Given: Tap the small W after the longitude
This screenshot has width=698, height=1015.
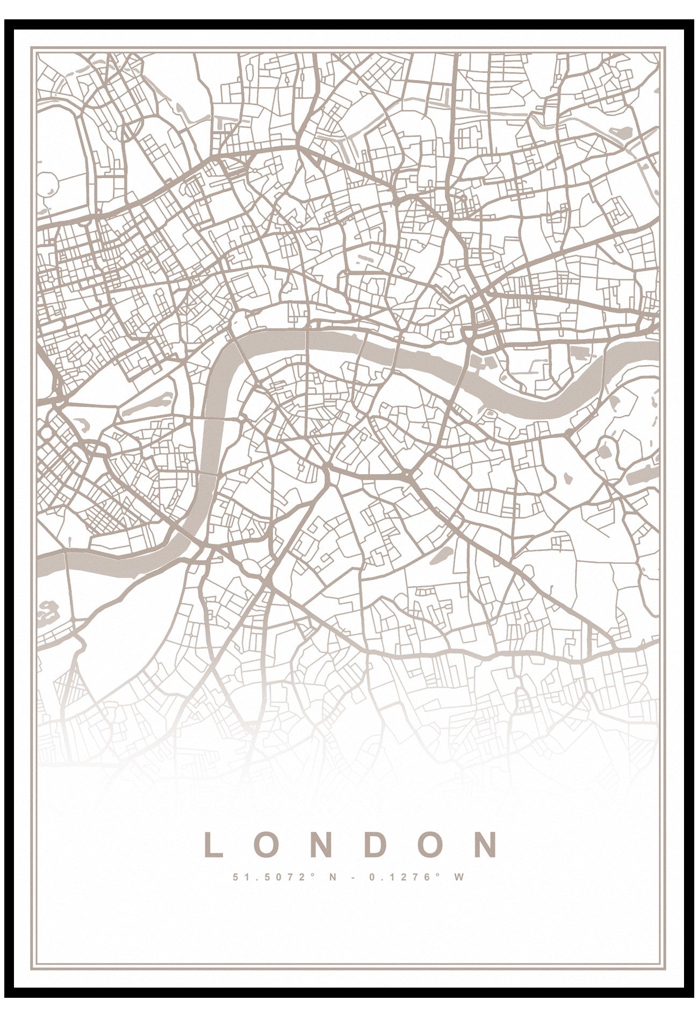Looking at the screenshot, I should pos(458,877).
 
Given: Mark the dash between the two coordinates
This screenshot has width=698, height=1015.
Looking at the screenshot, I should pos(350,877).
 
